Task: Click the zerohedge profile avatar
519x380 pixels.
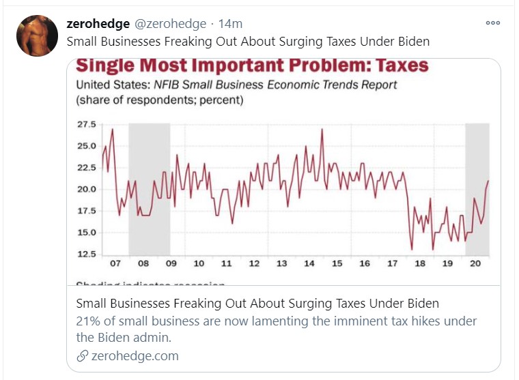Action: pyautogui.click(x=37, y=36)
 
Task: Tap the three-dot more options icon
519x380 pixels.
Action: pyautogui.click(x=493, y=23)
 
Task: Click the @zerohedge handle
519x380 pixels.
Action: pyautogui.click(x=169, y=24)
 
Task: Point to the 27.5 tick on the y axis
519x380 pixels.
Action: pyautogui.click(x=86, y=125)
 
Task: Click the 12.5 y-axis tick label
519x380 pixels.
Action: pyautogui.click(x=86, y=254)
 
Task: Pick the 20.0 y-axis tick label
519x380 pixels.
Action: pyautogui.click(x=86, y=189)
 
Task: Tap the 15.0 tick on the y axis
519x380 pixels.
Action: pyautogui.click(x=86, y=233)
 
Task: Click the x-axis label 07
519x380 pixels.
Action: pyautogui.click(x=115, y=263)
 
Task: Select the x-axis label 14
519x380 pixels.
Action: pyautogui.click(x=309, y=263)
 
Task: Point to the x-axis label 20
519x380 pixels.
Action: pyautogui.click(x=476, y=263)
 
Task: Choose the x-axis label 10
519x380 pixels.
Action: pyautogui.click(x=198, y=263)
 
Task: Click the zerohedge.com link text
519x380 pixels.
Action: pyautogui.click(x=135, y=355)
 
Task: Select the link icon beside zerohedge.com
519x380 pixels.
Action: pyautogui.click(x=82, y=356)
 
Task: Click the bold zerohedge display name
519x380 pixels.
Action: pyautogui.click(x=98, y=24)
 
